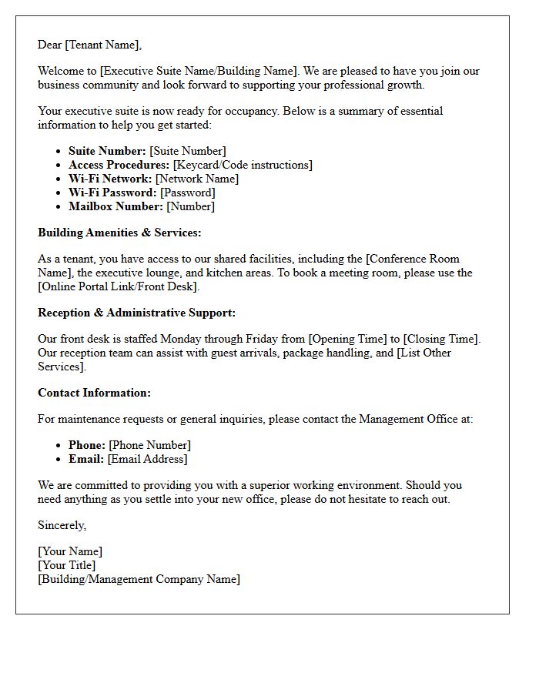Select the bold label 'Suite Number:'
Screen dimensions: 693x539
[x=107, y=151]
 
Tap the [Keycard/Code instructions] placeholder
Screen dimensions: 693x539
[x=243, y=165]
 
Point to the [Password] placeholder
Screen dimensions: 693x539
[x=188, y=192]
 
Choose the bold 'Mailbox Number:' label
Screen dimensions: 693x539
[x=115, y=206]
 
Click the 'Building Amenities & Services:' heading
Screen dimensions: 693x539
[x=119, y=233]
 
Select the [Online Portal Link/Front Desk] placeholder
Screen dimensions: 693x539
[x=119, y=286]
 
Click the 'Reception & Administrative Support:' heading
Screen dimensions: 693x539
[x=137, y=313]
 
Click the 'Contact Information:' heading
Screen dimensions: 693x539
[x=94, y=393]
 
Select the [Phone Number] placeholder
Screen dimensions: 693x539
[x=149, y=445]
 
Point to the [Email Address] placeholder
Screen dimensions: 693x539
[x=147, y=459]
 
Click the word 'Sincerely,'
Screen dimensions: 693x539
[x=62, y=525]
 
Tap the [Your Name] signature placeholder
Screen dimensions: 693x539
[x=70, y=551]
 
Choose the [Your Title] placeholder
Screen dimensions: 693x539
[x=67, y=565]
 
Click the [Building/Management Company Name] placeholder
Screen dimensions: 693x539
[x=139, y=579]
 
